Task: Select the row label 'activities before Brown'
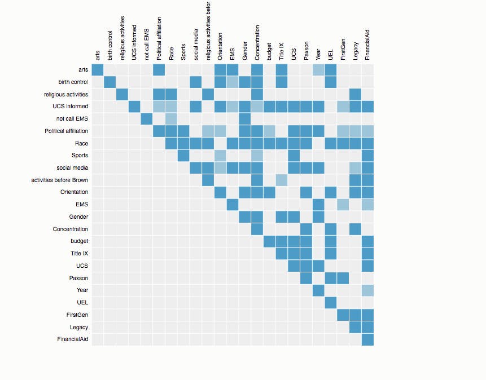(x=60, y=180)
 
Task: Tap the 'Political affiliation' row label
(x=66, y=131)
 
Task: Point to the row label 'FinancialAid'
(x=72, y=339)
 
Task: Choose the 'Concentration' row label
(x=71, y=229)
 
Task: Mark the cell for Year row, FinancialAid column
(x=367, y=290)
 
